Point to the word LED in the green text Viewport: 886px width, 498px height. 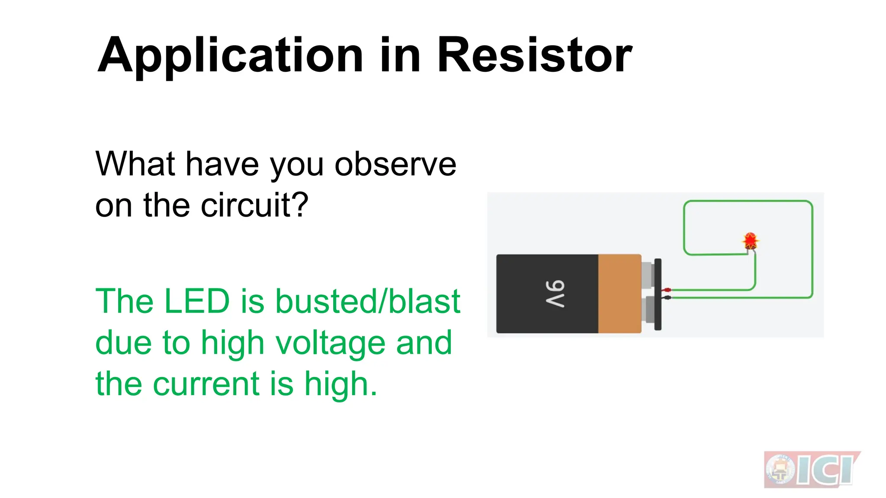click(197, 301)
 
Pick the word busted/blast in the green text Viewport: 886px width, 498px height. click(368, 301)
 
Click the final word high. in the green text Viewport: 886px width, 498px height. click(340, 384)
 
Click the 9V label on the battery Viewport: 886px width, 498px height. click(555, 294)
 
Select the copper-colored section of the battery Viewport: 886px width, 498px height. click(619, 294)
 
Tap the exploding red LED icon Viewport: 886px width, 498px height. click(750, 240)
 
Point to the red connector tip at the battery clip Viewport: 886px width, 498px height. click(667, 290)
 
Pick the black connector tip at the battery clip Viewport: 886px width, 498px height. click(667, 297)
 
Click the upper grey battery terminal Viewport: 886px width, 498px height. click(647, 275)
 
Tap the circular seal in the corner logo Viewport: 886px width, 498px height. click(780, 470)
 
